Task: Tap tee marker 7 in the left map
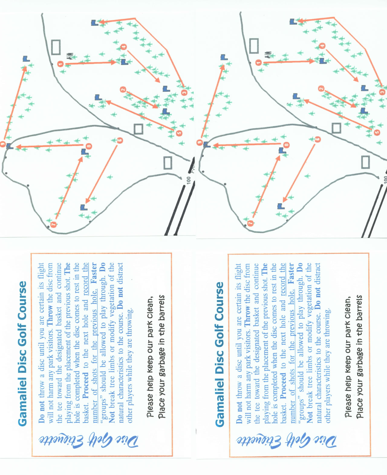tap(54, 224)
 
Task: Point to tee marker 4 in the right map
tap(322, 46)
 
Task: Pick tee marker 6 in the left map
tap(120, 140)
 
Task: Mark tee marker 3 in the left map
tap(184, 93)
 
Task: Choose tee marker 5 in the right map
tap(377, 132)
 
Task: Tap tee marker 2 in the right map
tap(321, 89)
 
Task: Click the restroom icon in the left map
tap(71, 56)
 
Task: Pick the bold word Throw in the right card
tap(248, 316)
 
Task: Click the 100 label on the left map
tap(189, 180)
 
